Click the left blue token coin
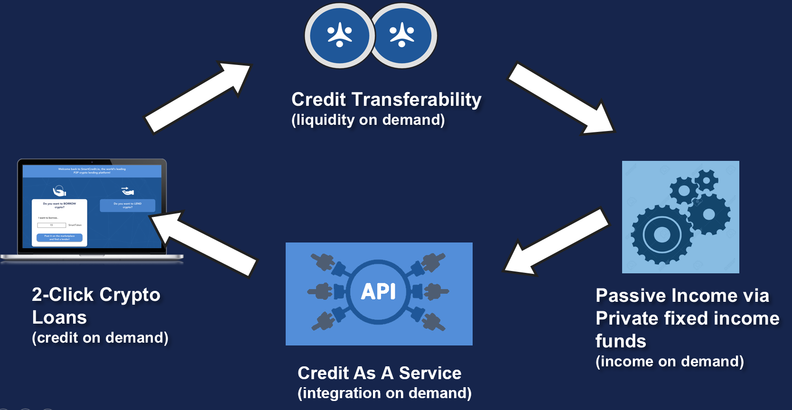pyautogui.click(x=339, y=36)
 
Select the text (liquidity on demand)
pyautogui.click(x=368, y=120)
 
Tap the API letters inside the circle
pyautogui.click(x=378, y=291)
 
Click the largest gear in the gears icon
pyautogui.click(x=662, y=234)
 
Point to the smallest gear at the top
pyautogui.click(x=707, y=180)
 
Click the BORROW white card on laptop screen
pyautogui.click(x=59, y=222)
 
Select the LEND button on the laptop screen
pyautogui.click(x=127, y=205)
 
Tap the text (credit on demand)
pyautogui.click(x=100, y=338)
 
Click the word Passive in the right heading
pyautogui.click(x=629, y=296)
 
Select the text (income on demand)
pyautogui.click(x=670, y=362)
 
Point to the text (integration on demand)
pyautogui.click(x=384, y=393)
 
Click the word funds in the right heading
pyautogui.click(x=621, y=341)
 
